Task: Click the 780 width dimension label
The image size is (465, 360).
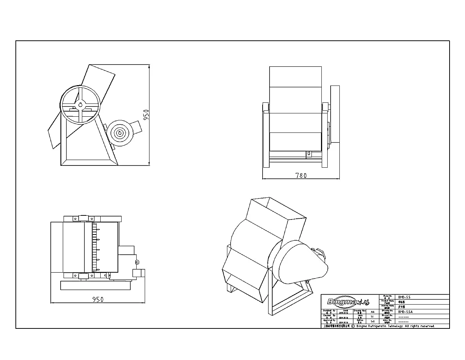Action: click(301, 176)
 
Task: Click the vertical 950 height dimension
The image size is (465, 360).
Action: click(146, 115)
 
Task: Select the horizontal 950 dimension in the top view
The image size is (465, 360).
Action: click(98, 299)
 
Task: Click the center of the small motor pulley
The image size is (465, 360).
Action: click(120, 133)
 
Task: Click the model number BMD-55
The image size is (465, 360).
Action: click(405, 297)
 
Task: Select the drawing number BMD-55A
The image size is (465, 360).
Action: click(405, 311)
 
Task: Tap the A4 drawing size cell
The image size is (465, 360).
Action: click(372, 311)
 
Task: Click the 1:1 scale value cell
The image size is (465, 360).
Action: click(372, 316)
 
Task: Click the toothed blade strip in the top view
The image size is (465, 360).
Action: click(95, 248)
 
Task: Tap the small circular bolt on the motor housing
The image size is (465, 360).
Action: click(137, 262)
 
